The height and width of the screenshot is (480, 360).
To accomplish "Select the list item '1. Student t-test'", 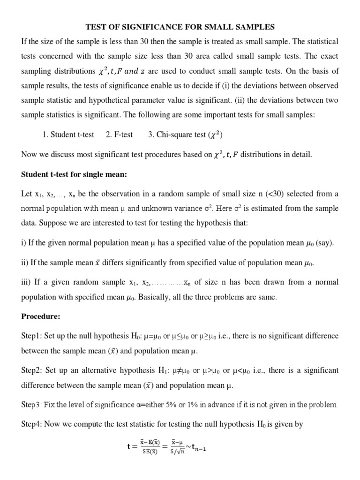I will coord(68,135).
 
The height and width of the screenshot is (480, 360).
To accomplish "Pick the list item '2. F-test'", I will coord(119,135).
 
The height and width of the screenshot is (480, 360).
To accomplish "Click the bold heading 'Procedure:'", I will coord(41,316).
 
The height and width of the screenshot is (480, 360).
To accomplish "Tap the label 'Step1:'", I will coord(33,336).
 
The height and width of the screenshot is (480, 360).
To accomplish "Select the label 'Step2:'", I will coord(33,370).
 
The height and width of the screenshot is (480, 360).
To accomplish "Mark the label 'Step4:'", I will coord(33,424).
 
